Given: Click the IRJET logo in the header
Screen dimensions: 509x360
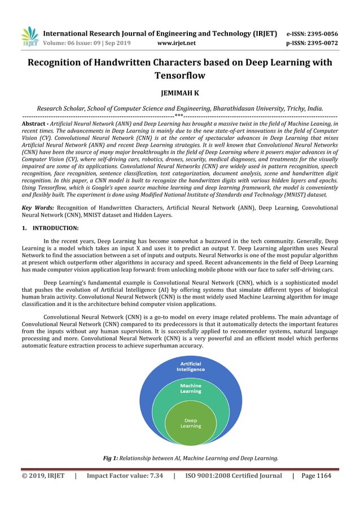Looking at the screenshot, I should click(x=29, y=36).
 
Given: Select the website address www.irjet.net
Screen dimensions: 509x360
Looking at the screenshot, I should click(x=177, y=43).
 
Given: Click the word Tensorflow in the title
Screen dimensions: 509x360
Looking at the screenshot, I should click(x=179, y=75).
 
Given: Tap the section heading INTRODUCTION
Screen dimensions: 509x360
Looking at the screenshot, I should click(x=55, y=228).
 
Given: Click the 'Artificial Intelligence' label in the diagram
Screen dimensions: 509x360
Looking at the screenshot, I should click(x=190, y=366).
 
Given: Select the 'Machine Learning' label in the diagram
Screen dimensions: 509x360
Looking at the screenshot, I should click(x=190, y=388).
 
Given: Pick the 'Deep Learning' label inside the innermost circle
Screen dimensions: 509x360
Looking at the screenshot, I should click(x=190, y=423).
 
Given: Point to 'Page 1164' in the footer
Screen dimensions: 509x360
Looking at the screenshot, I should click(x=317, y=476).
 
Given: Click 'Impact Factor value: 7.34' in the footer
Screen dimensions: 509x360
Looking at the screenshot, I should click(x=125, y=476).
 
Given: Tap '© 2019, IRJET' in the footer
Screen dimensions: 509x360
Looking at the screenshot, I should click(x=43, y=476).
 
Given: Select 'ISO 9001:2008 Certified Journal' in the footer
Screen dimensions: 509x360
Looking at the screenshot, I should click(x=233, y=476).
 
